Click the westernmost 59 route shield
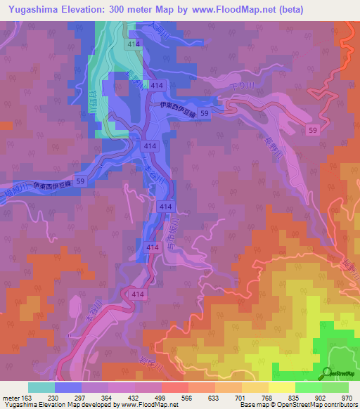tap(80, 181)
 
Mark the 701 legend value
tap(241, 398)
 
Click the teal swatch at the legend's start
tap(41, 387)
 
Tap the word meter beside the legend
tap(8, 398)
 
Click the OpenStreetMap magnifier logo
tap(328, 372)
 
